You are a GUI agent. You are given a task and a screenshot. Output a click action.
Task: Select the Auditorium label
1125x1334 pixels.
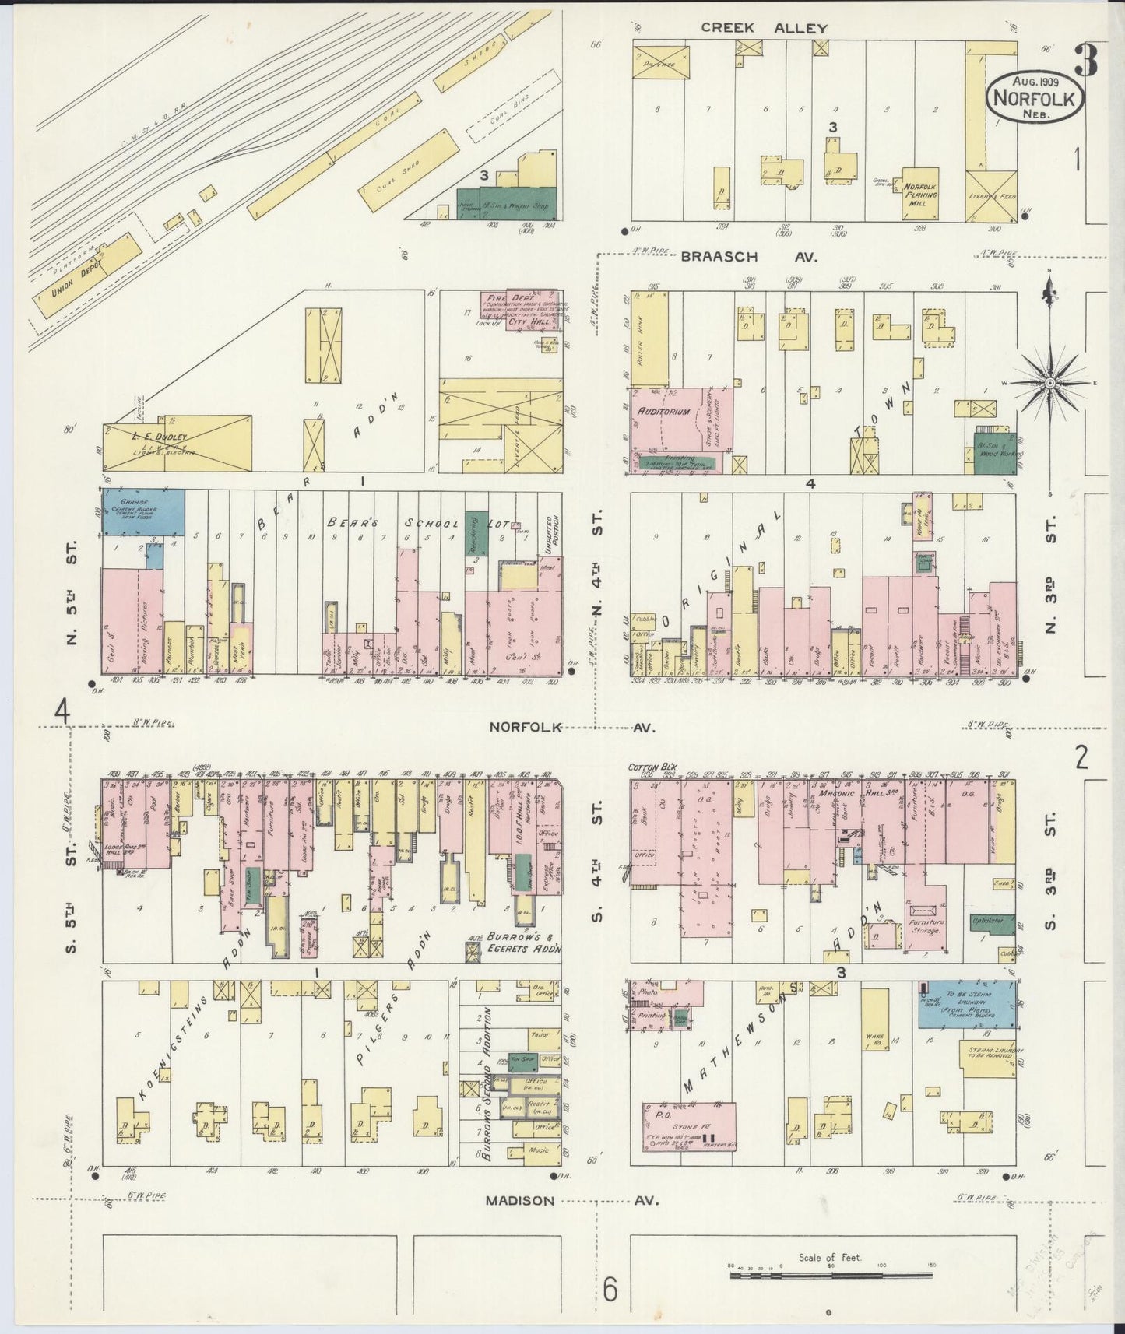(x=663, y=412)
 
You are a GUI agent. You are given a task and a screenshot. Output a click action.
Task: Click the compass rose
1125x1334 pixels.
(x=1049, y=383)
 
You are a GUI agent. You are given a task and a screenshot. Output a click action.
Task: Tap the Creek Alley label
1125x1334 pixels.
(x=763, y=28)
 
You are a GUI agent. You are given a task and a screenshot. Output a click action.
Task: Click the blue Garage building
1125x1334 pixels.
(x=142, y=511)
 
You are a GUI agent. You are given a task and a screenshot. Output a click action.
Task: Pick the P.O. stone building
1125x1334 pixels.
(x=690, y=1125)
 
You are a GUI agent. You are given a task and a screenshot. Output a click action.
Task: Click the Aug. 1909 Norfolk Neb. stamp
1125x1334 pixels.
(x=1034, y=97)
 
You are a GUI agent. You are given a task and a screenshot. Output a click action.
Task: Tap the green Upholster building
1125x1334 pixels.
(x=992, y=925)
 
